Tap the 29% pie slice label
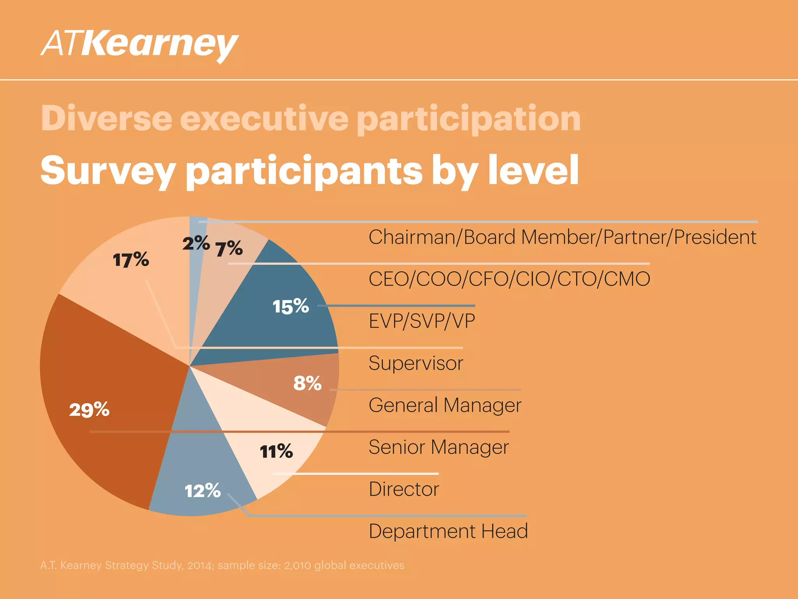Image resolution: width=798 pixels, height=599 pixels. click(89, 410)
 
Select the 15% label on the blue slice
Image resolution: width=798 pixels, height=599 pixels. click(291, 307)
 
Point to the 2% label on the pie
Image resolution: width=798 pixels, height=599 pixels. click(196, 244)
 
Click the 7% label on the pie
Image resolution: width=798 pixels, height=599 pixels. click(229, 249)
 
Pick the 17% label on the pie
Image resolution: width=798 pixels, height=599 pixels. click(131, 260)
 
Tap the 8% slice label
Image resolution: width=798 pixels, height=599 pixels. click(307, 383)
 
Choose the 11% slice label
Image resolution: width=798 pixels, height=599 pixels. click(276, 452)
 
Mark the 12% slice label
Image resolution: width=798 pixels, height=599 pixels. click(203, 491)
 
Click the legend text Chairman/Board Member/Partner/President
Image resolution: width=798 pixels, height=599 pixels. click(562, 237)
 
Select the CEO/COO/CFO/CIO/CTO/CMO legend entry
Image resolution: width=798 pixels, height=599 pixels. click(509, 279)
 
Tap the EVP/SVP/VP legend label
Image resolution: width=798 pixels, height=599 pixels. click(422, 321)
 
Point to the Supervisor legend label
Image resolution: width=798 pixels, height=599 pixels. click(416, 363)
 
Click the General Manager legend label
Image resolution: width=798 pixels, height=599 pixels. click(445, 405)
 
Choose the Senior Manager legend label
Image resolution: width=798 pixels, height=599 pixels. click(439, 447)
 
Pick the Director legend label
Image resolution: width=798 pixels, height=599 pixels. click(404, 489)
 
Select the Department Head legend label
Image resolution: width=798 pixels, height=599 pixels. click(448, 531)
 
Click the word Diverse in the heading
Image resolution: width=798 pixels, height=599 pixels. click(106, 118)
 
